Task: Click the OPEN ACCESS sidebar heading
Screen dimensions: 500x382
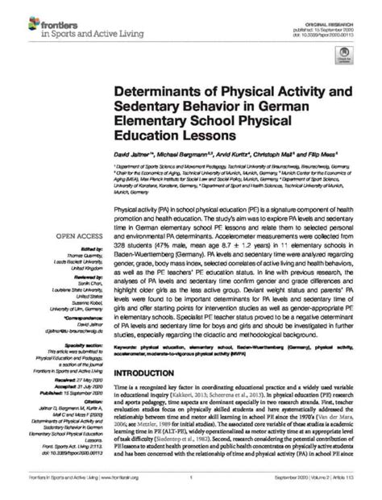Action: (x=77, y=236)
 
